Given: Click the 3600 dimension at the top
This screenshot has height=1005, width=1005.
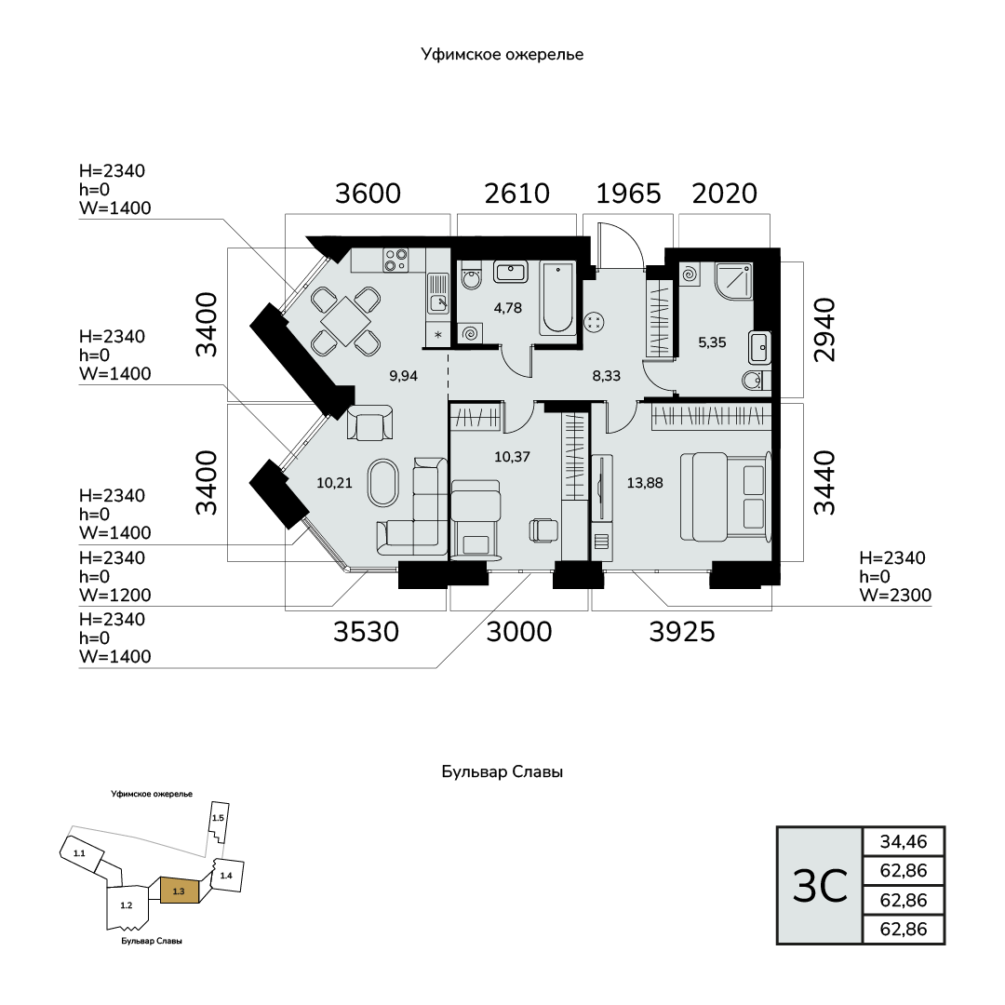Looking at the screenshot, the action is [x=368, y=194].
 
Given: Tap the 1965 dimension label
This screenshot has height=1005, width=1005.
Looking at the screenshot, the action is [x=628, y=194].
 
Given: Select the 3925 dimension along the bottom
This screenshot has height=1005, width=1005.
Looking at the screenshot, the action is [x=682, y=632].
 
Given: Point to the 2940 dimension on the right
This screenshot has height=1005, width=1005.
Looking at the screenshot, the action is [x=824, y=330].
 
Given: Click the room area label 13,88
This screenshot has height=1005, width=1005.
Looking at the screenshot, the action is [x=645, y=483].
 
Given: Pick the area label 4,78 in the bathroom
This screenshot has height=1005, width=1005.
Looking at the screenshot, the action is [x=508, y=308].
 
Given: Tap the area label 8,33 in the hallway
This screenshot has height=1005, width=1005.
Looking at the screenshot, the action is [x=607, y=376].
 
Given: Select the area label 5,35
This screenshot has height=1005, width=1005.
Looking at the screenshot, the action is [x=712, y=342].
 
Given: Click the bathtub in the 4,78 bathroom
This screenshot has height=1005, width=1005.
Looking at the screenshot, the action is [x=556, y=298].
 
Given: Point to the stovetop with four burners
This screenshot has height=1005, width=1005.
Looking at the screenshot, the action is [x=395, y=261].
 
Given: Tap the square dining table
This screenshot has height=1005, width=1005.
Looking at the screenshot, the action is [x=345, y=320].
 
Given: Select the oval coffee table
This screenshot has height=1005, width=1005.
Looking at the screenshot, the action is [x=382, y=483].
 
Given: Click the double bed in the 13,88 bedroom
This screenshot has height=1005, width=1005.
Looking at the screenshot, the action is [x=725, y=496].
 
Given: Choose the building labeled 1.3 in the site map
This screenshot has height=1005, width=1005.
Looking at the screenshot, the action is [x=180, y=891].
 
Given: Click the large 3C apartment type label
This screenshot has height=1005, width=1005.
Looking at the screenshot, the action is [x=820, y=886].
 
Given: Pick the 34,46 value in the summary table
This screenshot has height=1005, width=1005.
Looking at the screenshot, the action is [x=904, y=841].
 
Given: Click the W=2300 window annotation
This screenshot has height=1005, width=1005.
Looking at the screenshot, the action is [x=895, y=595].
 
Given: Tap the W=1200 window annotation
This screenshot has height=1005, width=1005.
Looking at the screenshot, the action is [x=115, y=595].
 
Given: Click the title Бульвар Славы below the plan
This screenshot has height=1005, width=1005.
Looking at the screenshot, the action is [x=502, y=771].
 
